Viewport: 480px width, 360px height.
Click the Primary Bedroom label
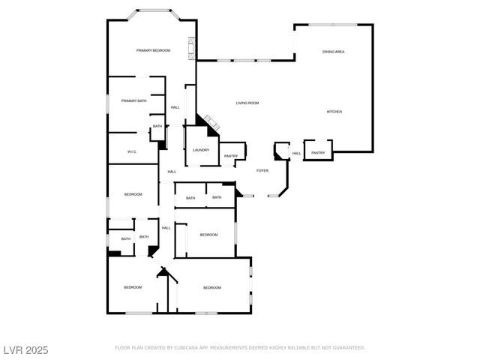153,50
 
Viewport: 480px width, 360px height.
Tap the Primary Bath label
133,100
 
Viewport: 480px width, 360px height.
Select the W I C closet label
131,151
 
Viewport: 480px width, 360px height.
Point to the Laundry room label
200,150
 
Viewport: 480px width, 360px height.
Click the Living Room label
247,103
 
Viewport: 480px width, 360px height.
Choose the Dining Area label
333,52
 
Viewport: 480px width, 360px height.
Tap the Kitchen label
334,112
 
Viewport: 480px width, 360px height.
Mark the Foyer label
262,170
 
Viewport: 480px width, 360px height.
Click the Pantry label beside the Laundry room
230,156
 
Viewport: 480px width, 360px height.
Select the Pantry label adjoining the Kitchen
318,153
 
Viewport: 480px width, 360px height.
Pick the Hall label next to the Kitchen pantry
296,154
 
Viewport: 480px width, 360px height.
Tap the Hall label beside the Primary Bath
175,107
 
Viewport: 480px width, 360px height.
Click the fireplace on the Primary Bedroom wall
193,48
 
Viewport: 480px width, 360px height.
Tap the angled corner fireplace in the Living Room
209,124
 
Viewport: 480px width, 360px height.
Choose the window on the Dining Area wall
334,25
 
